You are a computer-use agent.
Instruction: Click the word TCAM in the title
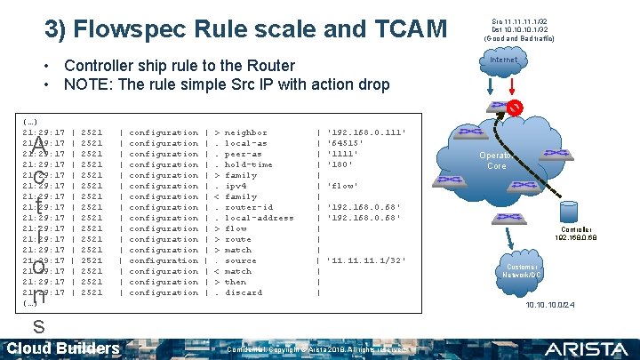click(x=408, y=29)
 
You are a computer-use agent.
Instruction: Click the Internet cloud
click(x=504, y=60)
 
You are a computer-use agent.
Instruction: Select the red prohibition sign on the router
click(x=515, y=108)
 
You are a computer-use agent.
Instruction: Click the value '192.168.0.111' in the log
click(x=367, y=132)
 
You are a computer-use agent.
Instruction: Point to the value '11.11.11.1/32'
click(x=367, y=260)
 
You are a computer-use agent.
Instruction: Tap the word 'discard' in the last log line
click(x=244, y=292)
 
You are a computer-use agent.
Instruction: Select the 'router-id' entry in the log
click(x=249, y=207)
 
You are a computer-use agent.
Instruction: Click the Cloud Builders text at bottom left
click(x=63, y=348)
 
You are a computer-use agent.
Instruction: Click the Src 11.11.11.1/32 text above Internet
click(x=519, y=21)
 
